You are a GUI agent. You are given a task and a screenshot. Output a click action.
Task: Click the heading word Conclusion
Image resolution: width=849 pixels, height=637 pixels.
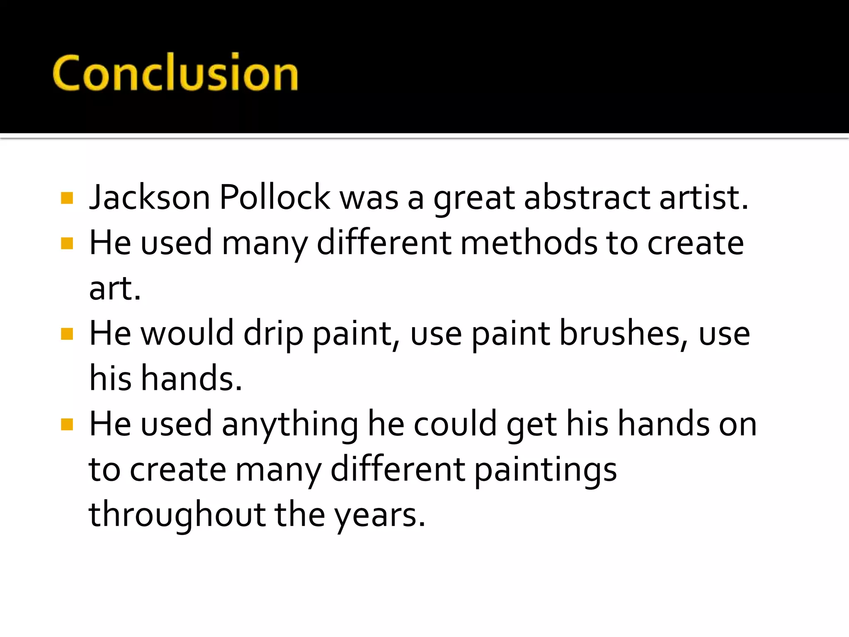point(175,73)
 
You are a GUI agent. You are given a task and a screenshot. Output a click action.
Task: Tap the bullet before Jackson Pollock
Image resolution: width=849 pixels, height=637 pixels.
point(67,198)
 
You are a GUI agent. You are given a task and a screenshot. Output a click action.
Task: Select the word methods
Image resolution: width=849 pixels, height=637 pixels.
point(529,243)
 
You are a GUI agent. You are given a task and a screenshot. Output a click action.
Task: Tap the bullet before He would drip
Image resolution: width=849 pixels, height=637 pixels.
point(67,334)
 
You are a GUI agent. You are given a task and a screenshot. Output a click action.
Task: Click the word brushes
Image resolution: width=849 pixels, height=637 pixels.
point(620,334)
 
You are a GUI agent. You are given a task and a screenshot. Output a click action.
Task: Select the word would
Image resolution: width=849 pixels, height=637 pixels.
point(187,334)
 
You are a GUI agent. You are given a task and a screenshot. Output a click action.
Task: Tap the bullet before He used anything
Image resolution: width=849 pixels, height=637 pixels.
point(67,424)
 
